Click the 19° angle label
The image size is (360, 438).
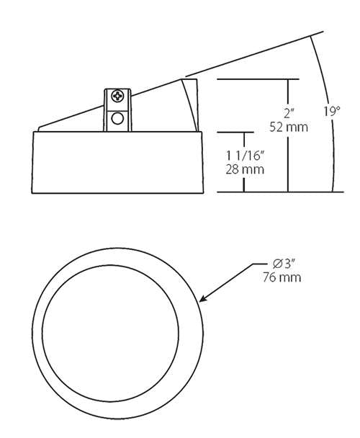click(332, 112)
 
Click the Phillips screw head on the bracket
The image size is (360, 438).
click(117, 97)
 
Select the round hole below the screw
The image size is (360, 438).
click(117, 119)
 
